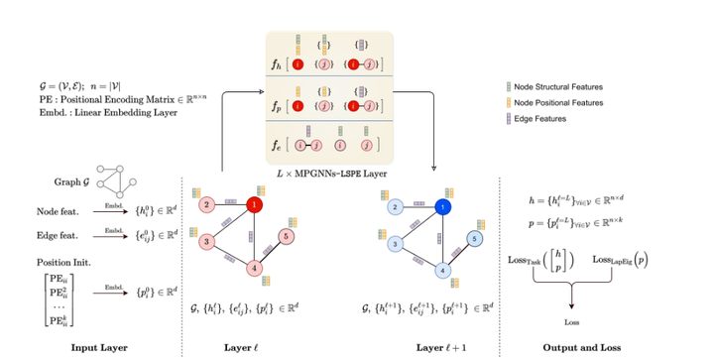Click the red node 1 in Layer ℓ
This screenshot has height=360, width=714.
click(x=254, y=205)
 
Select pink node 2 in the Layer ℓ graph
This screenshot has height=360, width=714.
click(x=206, y=205)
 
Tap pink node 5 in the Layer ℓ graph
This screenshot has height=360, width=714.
click(x=286, y=237)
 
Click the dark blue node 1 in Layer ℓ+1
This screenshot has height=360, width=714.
click(x=441, y=206)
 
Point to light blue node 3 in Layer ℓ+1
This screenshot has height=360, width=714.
click(x=394, y=242)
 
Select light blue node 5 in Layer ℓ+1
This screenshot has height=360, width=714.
click(x=473, y=238)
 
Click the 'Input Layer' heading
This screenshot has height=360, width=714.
click(x=98, y=346)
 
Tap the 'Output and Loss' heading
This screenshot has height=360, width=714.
click(x=574, y=346)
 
